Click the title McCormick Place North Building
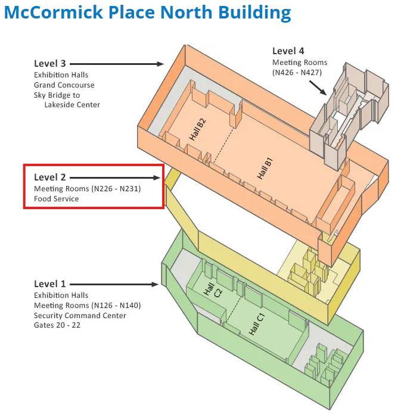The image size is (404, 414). (x=148, y=13)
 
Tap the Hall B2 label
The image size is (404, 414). (x=197, y=129)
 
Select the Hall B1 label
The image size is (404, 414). (x=265, y=169)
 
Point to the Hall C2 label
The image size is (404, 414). (x=213, y=290)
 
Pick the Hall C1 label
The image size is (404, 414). (x=257, y=324)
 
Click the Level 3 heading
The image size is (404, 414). (x=50, y=64)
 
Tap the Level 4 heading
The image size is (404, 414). (x=288, y=51)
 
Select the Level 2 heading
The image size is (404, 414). (x=50, y=177)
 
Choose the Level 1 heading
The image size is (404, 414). (x=50, y=284)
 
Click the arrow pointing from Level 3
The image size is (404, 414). (x=117, y=64)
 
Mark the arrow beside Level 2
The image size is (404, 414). (x=115, y=178)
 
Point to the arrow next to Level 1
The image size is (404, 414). (x=114, y=284)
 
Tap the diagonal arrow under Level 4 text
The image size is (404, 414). (x=318, y=88)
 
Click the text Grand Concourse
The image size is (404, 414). (x=64, y=85)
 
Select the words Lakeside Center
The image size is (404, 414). (x=72, y=105)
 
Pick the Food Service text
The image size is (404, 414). (x=57, y=198)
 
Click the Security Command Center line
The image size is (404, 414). (x=80, y=315)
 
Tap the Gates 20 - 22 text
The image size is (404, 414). (x=57, y=325)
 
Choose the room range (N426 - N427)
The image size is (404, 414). (x=297, y=72)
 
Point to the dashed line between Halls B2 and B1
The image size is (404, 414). (x=223, y=146)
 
